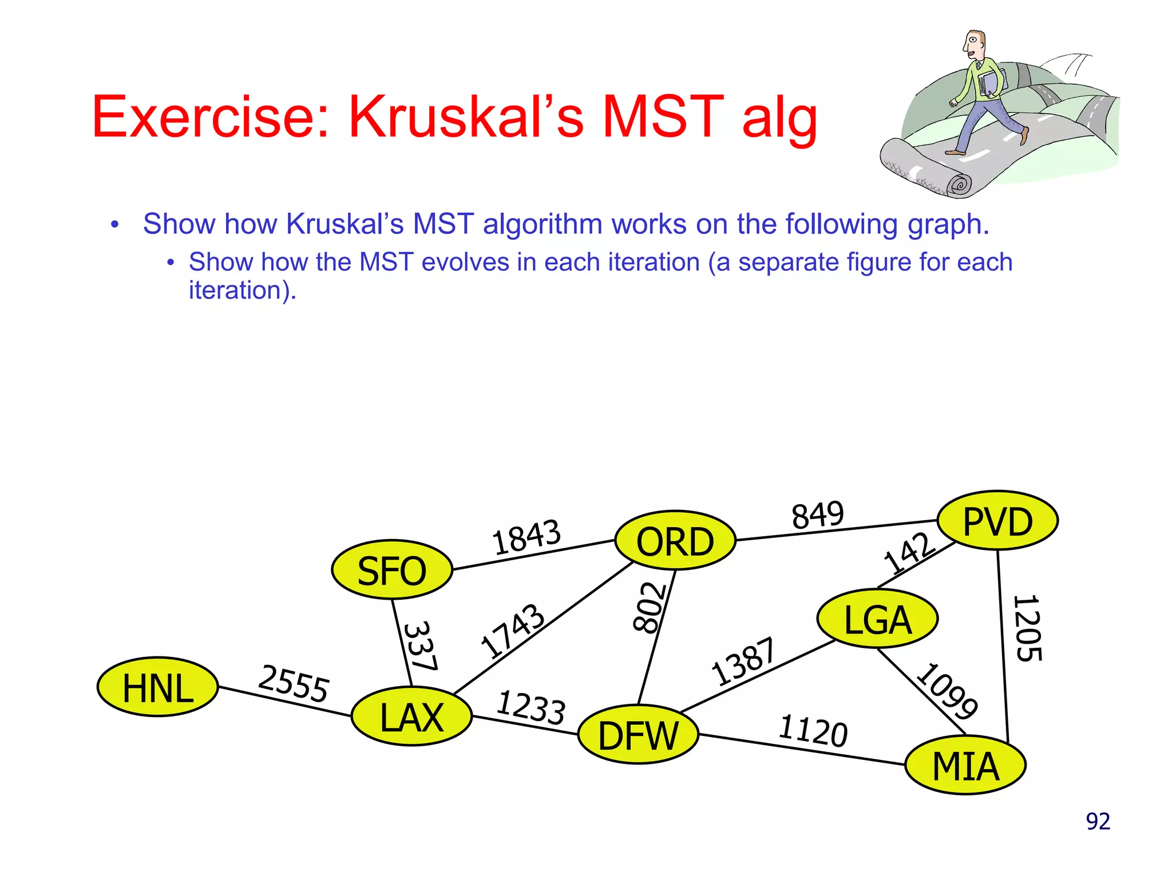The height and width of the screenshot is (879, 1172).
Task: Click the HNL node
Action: point(157,687)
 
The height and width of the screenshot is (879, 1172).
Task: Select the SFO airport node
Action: point(392,570)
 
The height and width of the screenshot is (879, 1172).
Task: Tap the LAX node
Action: point(412,716)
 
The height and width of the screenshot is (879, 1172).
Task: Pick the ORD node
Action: point(675,541)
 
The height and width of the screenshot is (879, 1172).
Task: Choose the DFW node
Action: point(638,735)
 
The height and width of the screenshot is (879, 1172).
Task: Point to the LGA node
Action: point(877,619)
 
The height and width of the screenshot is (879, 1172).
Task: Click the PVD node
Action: point(997,520)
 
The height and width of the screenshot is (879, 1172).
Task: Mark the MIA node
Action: point(965,765)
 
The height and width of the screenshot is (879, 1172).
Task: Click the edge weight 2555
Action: point(294,683)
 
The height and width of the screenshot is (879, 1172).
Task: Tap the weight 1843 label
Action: point(526,537)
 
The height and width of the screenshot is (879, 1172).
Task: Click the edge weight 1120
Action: point(813,731)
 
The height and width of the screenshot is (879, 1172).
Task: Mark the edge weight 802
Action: point(650,608)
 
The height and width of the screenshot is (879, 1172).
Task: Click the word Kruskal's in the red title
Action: point(466,117)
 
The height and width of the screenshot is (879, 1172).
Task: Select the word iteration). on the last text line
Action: point(243,291)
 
